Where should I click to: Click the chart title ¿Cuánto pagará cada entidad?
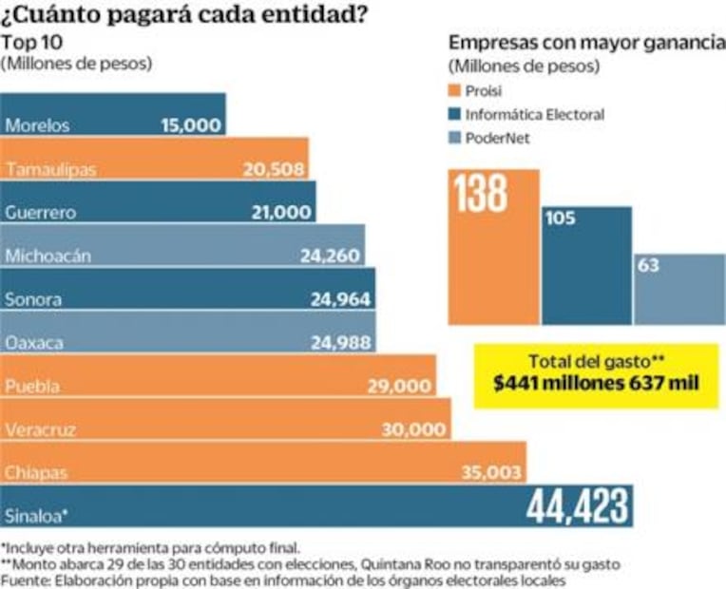pyautogui.click(x=185, y=16)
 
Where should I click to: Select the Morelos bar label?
pyautogui.click(x=37, y=125)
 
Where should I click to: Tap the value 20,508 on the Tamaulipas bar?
pyautogui.click(x=274, y=169)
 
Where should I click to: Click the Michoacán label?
pyautogui.click(x=47, y=256)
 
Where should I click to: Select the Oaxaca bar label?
pyautogui.click(x=34, y=342)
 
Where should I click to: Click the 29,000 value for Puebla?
pyautogui.click(x=400, y=386)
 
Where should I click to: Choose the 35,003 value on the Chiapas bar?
pyautogui.click(x=490, y=472)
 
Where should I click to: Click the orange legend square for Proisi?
pyautogui.click(x=453, y=91)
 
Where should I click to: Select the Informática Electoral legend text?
pyautogui.click(x=534, y=114)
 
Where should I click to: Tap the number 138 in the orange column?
pyautogui.click(x=481, y=195)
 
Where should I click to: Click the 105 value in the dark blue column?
pyautogui.click(x=562, y=218)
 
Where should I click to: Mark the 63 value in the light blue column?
pyautogui.click(x=649, y=266)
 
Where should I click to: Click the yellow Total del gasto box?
pyautogui.click(x=595, y=374)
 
